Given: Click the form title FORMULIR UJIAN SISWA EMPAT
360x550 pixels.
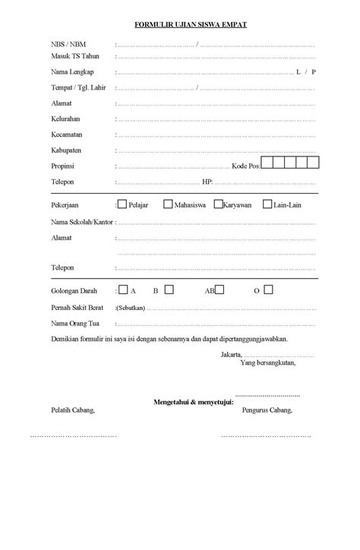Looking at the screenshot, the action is pyautogui.click(x=180, y=24).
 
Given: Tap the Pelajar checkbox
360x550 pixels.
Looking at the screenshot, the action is pyautogui.click(x=122, y=204).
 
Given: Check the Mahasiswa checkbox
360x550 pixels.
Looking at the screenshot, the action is pyautogui.click(x=168, y=204).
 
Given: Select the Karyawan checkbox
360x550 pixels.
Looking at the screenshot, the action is pyautogui.click(x=218, y=204).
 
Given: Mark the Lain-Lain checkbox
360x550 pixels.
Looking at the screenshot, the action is pyautogui.click(x=267, y=204).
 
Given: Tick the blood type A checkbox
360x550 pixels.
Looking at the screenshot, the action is pyautogui.click(x=123, y=290).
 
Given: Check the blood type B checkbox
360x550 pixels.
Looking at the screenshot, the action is pyautogui.click(x=169, y=289).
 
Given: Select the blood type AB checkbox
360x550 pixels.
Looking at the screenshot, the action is pyautogui.click(x=219, y=290).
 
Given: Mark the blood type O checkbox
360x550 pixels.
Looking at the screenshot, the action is pyautogui.click(x=269, y=289).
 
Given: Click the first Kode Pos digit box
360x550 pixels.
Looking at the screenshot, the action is pyautogui.click(x=267, y=162).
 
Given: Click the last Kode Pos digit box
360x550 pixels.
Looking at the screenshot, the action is pyautogui.click(x=313, y=162).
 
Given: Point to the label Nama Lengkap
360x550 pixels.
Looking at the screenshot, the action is pyautogui.click(x=72, y=71).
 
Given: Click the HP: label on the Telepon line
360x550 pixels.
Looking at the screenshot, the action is pyautogui.click(x=207, y=182).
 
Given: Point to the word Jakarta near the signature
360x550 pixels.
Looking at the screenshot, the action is pyautogui.click(x=231, y=355).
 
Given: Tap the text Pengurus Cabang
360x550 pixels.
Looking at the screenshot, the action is pyautogui.click(x=267, y=410).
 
